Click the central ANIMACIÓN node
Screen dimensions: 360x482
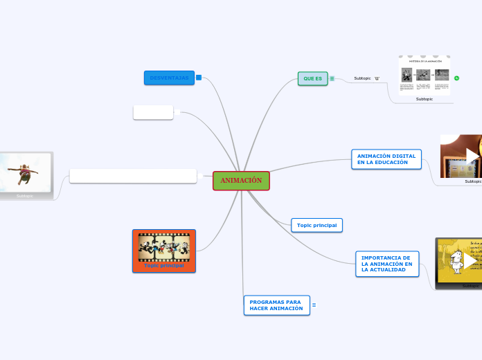pos(241,181)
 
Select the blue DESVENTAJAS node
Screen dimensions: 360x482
pos(169,78)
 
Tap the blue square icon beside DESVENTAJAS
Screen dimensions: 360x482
pos(199,78)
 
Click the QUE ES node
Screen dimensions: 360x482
pos(312,79)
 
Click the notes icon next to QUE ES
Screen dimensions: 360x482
pos(332,79)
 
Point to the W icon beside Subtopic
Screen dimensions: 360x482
pos(377,79)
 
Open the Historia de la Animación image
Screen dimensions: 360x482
pos(425,75)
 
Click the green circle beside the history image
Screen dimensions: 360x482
pos(456,78)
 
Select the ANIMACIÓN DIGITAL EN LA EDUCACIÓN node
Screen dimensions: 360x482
pos(386,159)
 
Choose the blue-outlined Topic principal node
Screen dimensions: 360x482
pos(316,225)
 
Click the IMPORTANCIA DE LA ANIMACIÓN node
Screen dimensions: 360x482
pos(387,264)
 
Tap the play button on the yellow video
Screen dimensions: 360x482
pos(470,260)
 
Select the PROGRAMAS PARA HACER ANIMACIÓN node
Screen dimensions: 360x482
pos(276,305)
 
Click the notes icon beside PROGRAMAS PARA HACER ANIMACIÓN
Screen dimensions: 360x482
pos(314,305)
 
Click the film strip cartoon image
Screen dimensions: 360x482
pos(164,246)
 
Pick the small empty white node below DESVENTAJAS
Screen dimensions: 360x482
pos(153,112)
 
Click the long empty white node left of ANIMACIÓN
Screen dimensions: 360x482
pos(133,176)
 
